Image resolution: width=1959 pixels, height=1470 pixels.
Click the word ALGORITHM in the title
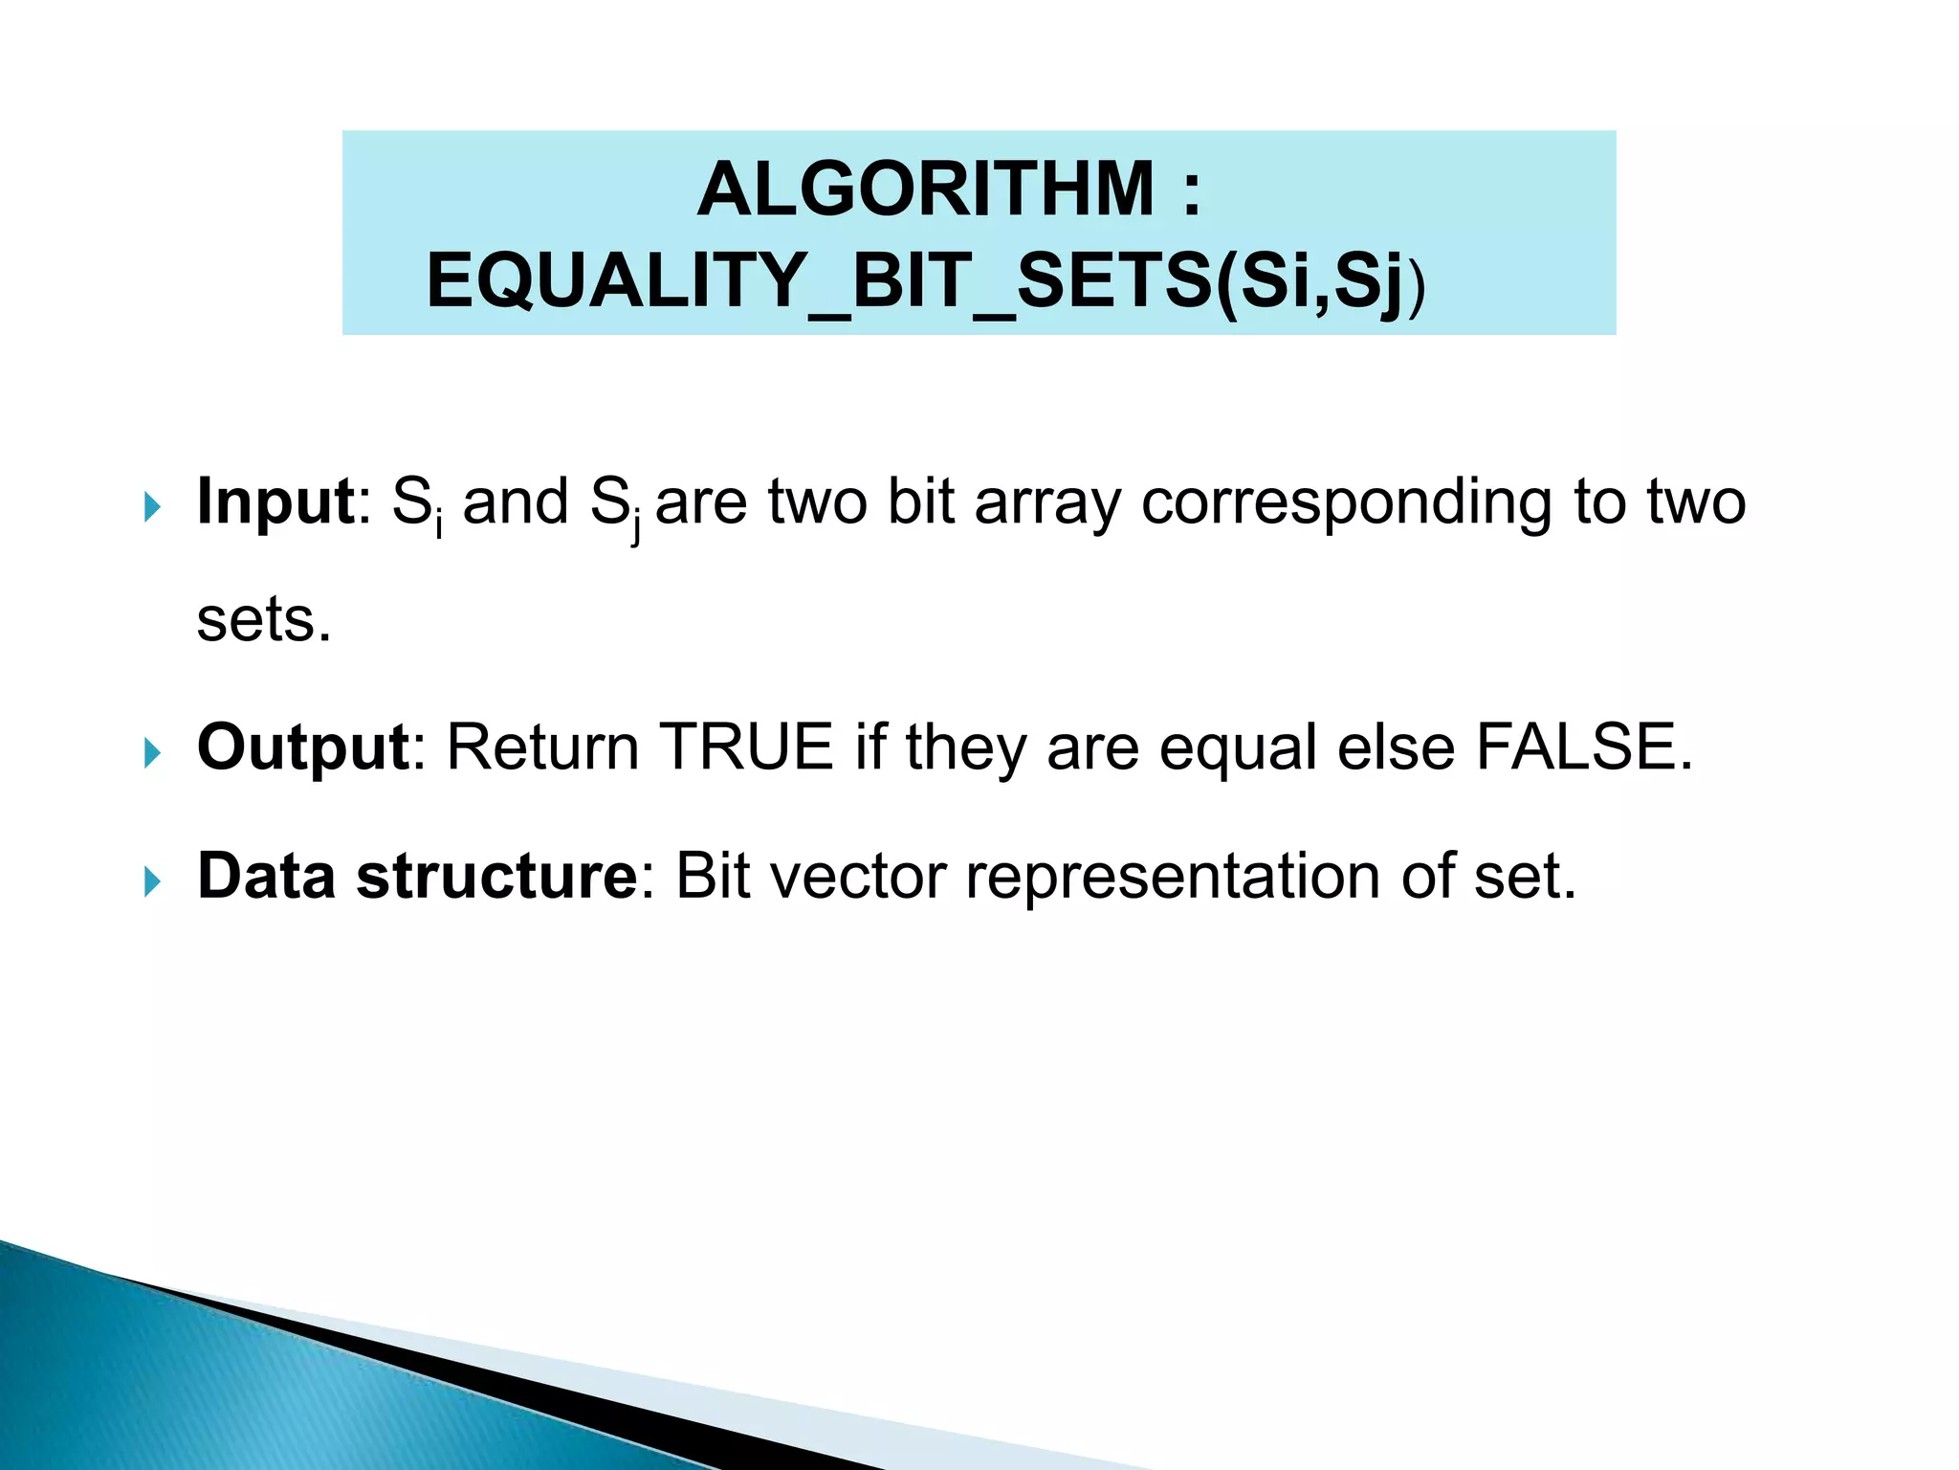click(925, 189)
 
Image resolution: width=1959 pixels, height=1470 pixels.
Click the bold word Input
click(275, 501)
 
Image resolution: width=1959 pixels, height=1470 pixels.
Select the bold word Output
click(303, 747)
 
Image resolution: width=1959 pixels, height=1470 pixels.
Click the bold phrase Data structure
click(417, 876)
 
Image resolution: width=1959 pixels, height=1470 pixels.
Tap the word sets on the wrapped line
click(256, 621)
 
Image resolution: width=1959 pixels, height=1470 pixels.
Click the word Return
click(542, 747)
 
